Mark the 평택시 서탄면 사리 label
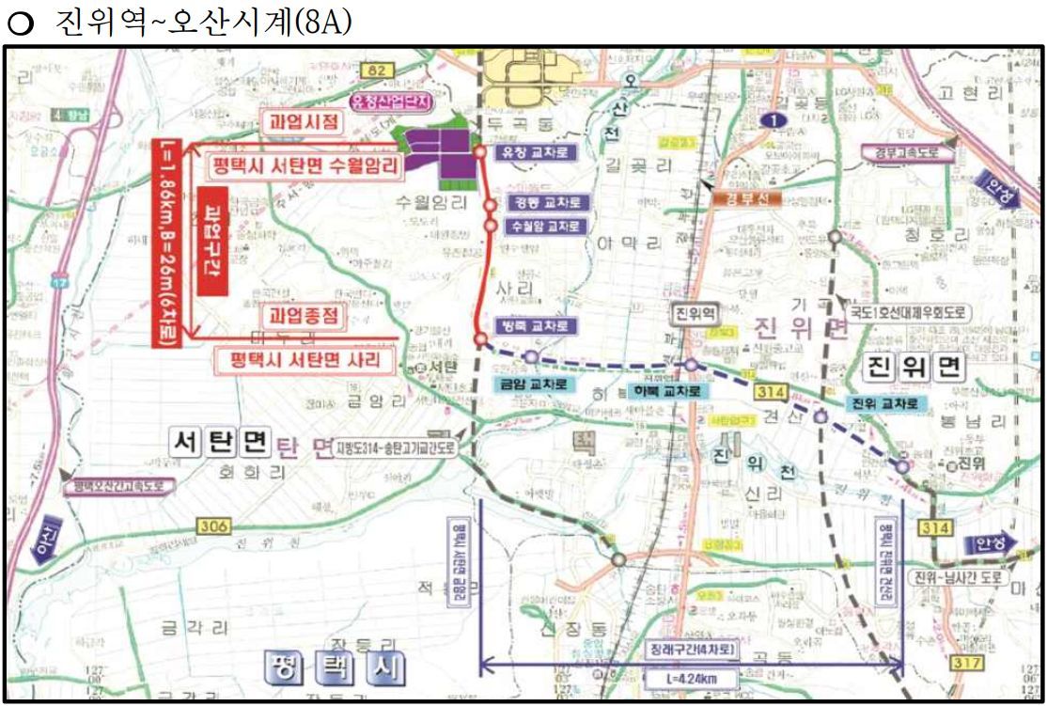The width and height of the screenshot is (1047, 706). coord(307,359)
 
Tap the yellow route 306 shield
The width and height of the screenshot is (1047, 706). coord(214,527)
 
